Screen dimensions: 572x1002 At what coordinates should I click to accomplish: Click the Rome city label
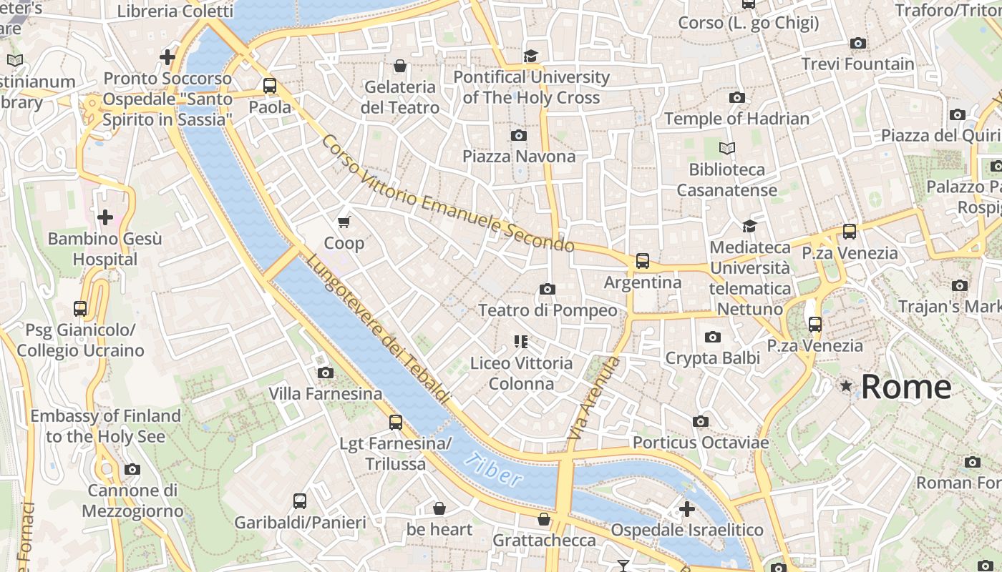coord(905,387)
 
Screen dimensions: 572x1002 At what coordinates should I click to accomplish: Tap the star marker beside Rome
coord(847,386)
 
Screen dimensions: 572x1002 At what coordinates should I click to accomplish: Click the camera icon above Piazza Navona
coord(519,135)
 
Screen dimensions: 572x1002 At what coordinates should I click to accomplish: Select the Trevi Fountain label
coord(857,64)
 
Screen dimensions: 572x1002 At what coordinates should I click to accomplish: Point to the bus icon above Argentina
coord(643,261)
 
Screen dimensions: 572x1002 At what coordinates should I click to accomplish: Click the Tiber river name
coord(492,470)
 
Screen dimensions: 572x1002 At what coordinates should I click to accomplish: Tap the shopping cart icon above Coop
coord(344,222)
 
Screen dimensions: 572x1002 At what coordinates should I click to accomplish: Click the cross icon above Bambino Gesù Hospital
coord(105,217)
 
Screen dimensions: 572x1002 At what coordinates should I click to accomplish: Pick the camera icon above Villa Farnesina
coord(326,373)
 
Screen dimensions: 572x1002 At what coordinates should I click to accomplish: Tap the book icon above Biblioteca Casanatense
coord(727,149)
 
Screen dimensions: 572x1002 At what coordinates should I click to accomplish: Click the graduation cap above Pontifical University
coord(530,56)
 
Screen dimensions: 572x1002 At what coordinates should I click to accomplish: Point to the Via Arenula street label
coord(593,398)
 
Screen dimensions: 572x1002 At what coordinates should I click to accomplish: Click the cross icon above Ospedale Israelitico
coord(687,509)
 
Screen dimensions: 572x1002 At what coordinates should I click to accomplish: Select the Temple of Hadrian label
coord(736,118)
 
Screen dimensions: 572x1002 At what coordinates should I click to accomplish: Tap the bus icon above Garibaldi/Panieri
coord(300,501)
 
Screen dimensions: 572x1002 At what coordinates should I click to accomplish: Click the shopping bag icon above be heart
coord(439,508)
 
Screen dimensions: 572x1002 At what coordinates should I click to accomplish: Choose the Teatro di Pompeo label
coord(548,310)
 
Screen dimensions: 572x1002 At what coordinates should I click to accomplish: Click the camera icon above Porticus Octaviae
coord(701,422)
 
